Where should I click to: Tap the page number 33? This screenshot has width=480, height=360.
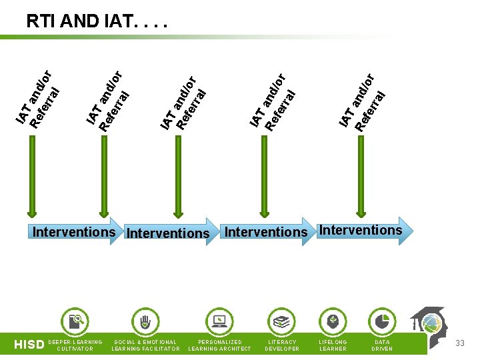(x=459, y=343)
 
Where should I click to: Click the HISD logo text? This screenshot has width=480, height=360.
(x=29, y=345)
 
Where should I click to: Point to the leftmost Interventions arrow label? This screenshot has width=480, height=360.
(x=74, y=232)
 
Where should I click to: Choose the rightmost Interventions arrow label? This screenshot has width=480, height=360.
(x=361, y=231)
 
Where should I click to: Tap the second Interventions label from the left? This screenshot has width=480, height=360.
(x=168, y=233)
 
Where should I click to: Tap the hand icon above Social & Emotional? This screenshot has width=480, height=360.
(x=145, y=322)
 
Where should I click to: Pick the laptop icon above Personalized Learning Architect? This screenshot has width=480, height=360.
(x=219, y=322)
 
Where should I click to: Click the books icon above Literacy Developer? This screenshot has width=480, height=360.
(x=282, y=322)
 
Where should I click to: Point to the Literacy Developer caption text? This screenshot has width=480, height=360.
(x=282, y=345)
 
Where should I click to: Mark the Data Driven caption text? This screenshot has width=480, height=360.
(x=382, y=345)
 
